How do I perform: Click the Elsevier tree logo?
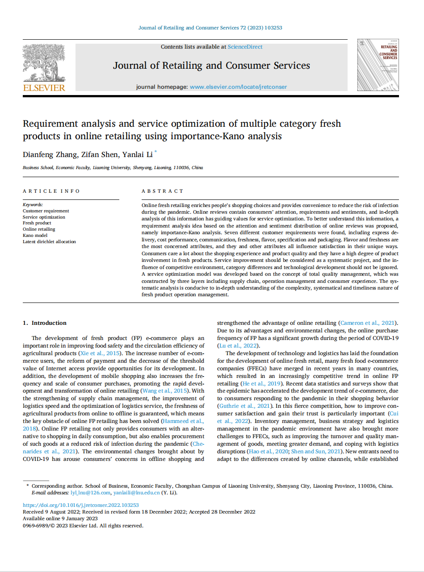[43, 62]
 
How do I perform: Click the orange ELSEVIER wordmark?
[44, 87]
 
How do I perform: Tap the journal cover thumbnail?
[378, 65]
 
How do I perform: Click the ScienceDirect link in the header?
[245, 47]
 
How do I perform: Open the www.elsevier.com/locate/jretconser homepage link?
[238, 87]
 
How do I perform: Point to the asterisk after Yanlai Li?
[155, 152]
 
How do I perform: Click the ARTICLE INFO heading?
[51, 191]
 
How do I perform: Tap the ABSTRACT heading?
[163, 191]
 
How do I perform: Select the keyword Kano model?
[35, 235]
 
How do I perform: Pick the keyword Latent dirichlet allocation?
[49, 241]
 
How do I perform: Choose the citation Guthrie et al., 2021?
[245, 406]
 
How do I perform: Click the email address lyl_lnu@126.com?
[90, 493]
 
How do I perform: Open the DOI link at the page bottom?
[80, 505]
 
